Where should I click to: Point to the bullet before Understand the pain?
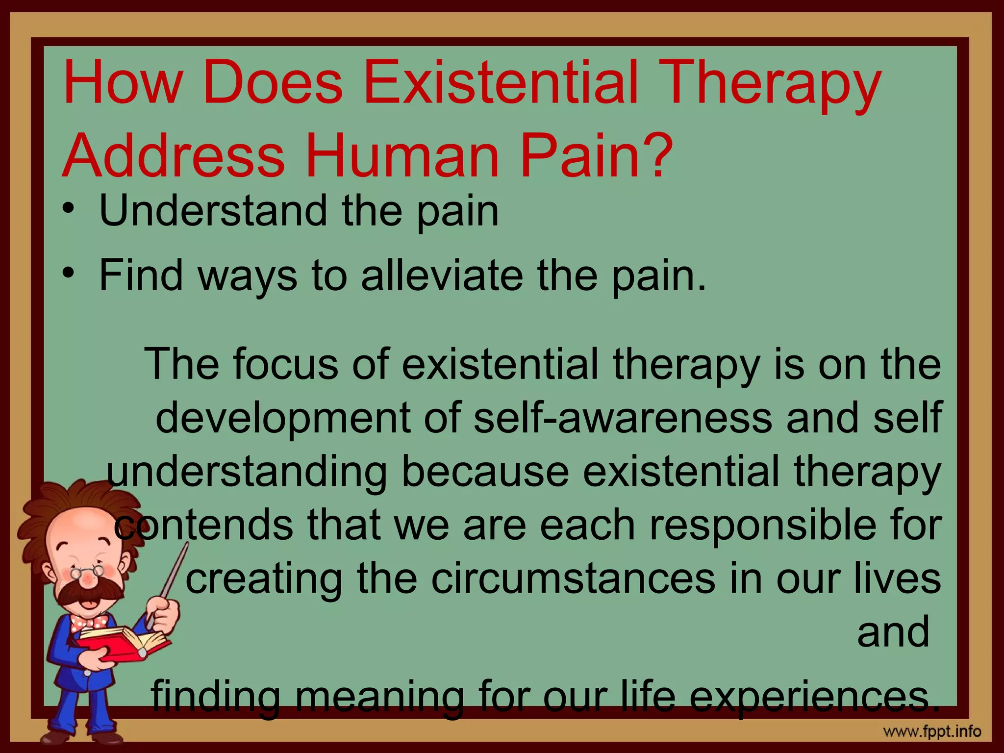(69, 209)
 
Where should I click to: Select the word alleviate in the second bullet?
(441, 276)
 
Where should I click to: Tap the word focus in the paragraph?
(285, 364)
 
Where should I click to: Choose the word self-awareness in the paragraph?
(623, 417)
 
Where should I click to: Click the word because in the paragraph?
(485, 471)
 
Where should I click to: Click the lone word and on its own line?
(893, 632)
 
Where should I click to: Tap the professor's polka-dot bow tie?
(89, 623)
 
